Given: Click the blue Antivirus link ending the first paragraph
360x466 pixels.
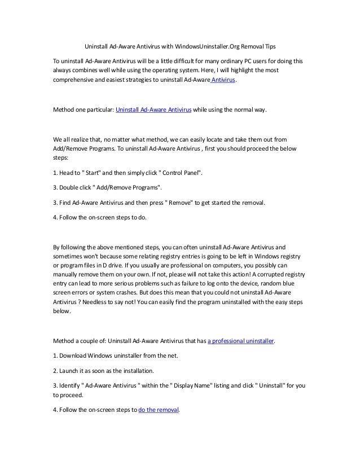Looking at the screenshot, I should [x=222, y=81].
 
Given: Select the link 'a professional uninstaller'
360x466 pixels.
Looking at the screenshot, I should [x=241, y=341].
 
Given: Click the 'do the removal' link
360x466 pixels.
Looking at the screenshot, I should [x=159, y=410].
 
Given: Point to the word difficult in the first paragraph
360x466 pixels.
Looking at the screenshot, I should [x=201, y=60].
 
